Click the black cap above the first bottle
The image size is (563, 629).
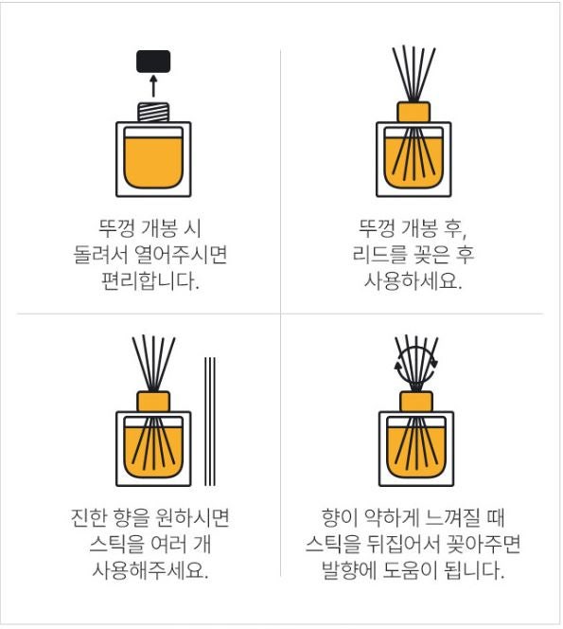click(153, 62)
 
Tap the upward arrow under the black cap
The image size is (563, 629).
click(153, 86)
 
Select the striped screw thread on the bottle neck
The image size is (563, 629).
click(153, 112)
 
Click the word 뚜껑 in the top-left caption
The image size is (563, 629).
click(116, 228)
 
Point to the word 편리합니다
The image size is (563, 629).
click(150, 280)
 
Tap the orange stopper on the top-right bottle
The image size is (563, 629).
click(413, 112)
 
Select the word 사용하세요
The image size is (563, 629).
click(413, 280)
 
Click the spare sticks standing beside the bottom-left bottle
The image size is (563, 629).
click(210, 422)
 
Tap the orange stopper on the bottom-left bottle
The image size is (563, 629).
click(153, 402)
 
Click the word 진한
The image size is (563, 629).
click(88, 517)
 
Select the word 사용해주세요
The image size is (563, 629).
click(150, 570)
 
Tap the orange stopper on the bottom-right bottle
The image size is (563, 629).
click(416, 402)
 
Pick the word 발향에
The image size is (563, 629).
click(348, 570)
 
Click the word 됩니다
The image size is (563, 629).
click(475, 570)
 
